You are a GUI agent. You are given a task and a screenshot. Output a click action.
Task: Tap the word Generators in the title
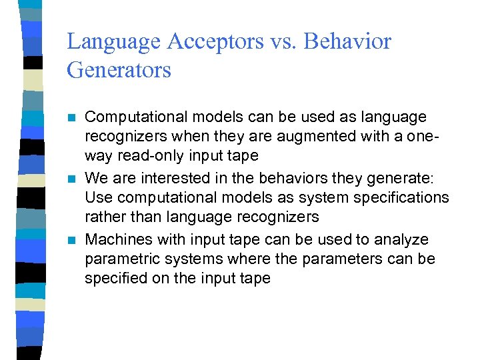coord(119,69)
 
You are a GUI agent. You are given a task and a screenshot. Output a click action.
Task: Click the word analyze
coord(403,239)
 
